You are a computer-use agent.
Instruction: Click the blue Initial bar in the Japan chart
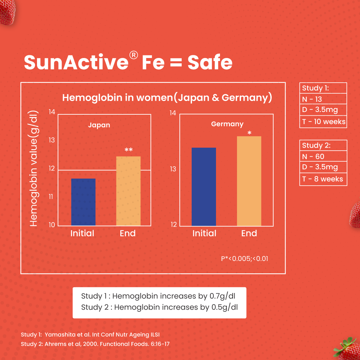(83, 202)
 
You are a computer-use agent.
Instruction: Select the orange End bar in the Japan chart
(128, 191)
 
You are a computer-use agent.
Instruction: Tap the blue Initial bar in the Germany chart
(204, 187)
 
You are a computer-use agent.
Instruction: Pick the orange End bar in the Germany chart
(249, 181)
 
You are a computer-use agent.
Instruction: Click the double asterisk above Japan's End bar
(128, 150)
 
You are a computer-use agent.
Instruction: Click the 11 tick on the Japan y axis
(52, 196)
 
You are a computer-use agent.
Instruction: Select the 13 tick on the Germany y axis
(173, 169)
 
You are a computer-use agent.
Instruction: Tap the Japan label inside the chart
(99, 125)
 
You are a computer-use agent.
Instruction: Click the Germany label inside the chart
(227, 124)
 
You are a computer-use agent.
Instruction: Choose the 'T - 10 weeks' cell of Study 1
(323, 122)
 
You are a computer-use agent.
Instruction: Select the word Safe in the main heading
(210, 62)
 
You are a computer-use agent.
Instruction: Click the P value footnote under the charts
(244, 258)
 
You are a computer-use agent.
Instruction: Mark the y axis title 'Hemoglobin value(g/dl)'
(34, 168)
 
